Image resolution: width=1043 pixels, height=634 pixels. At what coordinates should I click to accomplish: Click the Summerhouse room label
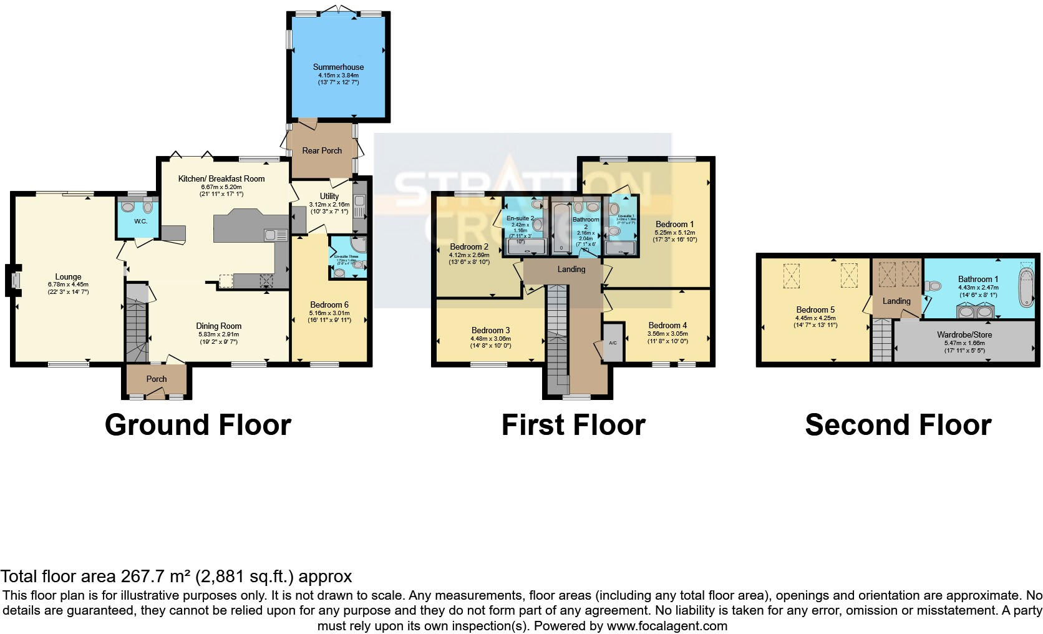click(x=338, y=67)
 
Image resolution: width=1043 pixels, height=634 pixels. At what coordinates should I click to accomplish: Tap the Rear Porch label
click(x=322, y=150)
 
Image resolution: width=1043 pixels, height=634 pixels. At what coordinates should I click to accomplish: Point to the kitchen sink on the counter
click(x=275, y=235)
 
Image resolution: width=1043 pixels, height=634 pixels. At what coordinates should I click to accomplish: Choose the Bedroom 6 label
click(x=329, y=300)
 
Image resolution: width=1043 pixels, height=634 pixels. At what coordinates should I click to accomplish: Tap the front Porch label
click(x=157, y=379)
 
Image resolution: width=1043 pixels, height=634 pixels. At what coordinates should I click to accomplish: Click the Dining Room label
click(x=218, y=326)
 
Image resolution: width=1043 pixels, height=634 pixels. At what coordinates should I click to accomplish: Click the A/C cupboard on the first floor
click(x=613, y=343)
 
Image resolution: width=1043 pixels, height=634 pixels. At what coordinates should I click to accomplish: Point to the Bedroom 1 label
click(x=674, y=224)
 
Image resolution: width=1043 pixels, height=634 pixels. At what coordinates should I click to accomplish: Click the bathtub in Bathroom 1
click(x=1026, y=287)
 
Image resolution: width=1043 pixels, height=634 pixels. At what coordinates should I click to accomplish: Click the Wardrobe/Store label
click(x=964, y=334)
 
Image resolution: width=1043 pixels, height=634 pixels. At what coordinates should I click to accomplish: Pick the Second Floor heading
click(x=898, y=425)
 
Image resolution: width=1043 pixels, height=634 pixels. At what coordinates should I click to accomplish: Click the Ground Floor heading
click(x=198, y=425)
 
